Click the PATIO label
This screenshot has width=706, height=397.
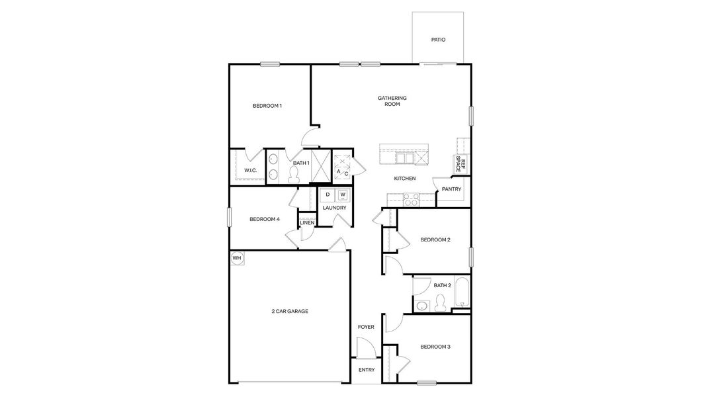(438, 40)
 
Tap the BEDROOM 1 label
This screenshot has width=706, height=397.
(267, 106)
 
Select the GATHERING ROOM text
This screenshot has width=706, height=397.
(392, 101)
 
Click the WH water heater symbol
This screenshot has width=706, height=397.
(237, 258)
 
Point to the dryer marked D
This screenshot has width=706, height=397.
(328, 195)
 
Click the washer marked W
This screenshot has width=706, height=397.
(343, 195)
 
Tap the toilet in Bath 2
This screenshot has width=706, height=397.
(439, 304)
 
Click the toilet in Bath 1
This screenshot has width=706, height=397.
(295, 174)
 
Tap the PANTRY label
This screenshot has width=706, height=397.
(451, 189)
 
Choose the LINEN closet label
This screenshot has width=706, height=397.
(307, 222)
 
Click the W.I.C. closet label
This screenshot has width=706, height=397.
(250, 171)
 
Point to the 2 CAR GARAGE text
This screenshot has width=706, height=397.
(290, 311)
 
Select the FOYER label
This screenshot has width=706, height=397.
(366, 327)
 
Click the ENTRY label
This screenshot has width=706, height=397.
(366, 370)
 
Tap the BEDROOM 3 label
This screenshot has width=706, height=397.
(435, 347)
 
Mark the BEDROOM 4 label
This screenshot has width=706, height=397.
(265, 220)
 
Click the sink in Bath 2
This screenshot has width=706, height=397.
(421, 305)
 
